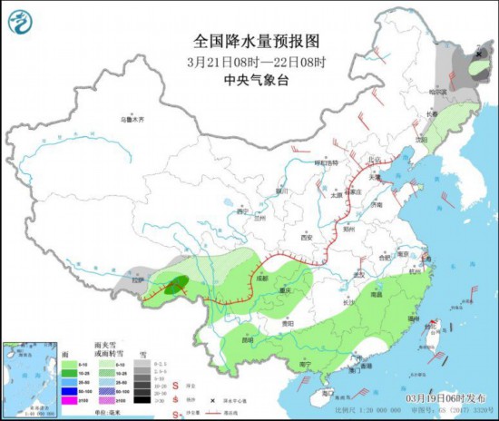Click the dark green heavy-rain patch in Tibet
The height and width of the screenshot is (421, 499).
tap(176, 283)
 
